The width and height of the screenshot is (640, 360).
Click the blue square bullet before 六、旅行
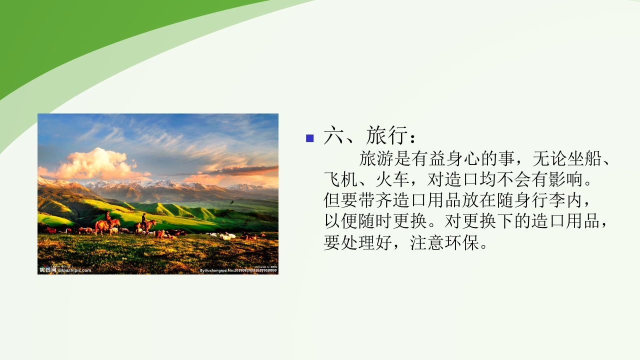coord(310,138)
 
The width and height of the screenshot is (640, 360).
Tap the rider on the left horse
coord(107,216)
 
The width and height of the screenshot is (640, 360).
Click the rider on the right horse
coord(144,218)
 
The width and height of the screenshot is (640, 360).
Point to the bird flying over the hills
coord(232,202)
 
